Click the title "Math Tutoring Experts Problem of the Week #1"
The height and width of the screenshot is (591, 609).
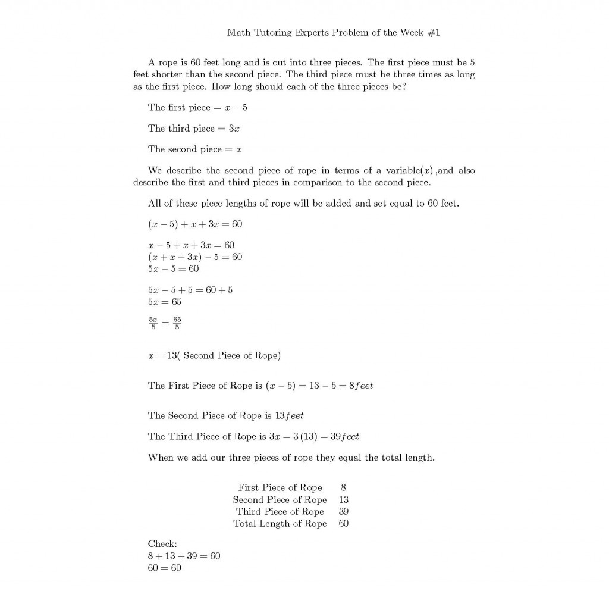[x=333, y=32]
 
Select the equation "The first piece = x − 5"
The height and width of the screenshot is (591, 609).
[x=197, y=108]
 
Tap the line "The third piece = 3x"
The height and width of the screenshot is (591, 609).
[x=194, y=129]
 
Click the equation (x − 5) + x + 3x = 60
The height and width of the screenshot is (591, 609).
[x=195, y=224]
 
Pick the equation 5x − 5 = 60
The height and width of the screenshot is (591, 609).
[x=173, y=269]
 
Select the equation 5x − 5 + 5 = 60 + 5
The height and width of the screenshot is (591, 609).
[x=190, y=290]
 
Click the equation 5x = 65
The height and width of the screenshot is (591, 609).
[x=165, y=302]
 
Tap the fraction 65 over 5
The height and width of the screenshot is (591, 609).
[x=178, y=323]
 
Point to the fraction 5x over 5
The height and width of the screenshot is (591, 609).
[x=153, y=323]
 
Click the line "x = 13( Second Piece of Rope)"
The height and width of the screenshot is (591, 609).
[x=214, y=356]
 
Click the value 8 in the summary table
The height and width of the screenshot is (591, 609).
[x=344, y=488]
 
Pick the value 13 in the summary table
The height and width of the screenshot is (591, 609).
[x=344, y=500]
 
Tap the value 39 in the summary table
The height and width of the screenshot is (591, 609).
[x=344, y=512]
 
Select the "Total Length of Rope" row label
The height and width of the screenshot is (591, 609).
[x=280, y=524]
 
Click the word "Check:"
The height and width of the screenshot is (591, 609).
[x=162, y=544]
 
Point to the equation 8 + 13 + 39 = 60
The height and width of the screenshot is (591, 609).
[x=184, y=556]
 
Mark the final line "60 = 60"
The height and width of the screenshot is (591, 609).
[x=165, y=568]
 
